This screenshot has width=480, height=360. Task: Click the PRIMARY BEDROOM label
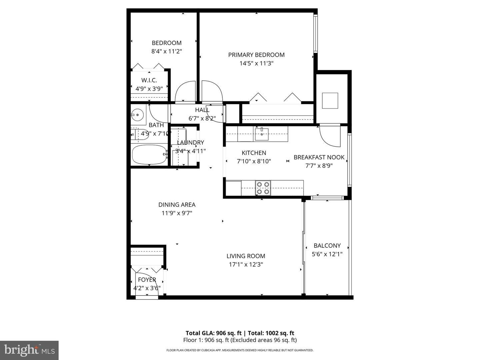[x=256, y=55]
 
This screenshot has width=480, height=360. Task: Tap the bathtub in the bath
[x=149, y=154]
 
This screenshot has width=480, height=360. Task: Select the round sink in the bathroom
[x=137, y=115]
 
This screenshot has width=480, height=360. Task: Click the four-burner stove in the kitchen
[x=263, y=188]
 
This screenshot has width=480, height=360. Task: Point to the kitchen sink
[x=262, y=134]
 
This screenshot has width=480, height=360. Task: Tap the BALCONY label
[x=327, y=246]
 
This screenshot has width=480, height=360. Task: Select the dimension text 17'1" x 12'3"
[x=246, y=265]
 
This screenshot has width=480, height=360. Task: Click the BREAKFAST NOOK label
[x=319, y=157]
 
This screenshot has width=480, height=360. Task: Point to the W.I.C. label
[x=149, y=80]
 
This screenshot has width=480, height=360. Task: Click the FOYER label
[x=147, y=280]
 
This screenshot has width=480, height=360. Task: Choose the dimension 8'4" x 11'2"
[x=166, y=51]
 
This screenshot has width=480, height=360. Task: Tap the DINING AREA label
[x=177, y=205]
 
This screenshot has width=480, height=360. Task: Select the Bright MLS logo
[x=29, y=350]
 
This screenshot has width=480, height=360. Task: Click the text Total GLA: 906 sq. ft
[x=213, y=333]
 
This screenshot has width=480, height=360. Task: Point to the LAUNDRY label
[x=190, y=143]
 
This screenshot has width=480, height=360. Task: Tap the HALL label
[x=202, y=110]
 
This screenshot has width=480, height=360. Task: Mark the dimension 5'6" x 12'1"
[x=327, y=254]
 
